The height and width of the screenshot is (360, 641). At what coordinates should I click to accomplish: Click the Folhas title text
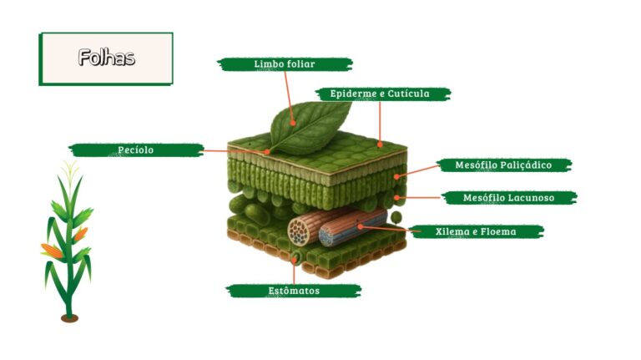pyautogui.click(x=106, y=58)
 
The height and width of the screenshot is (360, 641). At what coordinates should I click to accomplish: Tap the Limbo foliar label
pyautogui.click(x=285, y=64)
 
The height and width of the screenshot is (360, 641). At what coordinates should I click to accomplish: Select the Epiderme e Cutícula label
pyautogui.click(x=380, y=94)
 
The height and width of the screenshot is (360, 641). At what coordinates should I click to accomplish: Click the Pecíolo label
pyautogui.click(x=136, y=150)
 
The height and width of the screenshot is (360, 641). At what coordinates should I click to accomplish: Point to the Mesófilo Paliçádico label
pyautogui.click(x=503, y=165)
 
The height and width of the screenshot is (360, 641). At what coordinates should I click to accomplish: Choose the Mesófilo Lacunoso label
pyautogui.click(x=508, y=198)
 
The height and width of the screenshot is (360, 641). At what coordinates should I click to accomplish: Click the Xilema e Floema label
pyautogui.click(x=476, y=232)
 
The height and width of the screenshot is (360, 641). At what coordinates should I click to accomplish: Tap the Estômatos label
pyautogui.click(x=294, y=291)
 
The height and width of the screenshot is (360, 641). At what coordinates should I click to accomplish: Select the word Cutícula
pyautogui.click(x=408, y=94)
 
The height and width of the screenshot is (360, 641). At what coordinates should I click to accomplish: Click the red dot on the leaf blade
pyautogui.click(x=293, y=123)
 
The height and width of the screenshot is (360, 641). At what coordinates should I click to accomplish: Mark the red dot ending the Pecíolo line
pyautogui.click(x=267, y=152)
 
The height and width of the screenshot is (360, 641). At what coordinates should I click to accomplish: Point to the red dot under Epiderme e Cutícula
pyautogui.click(x=380, y=145)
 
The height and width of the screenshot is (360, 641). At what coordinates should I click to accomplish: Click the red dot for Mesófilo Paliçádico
pyautogui.click(x=396, y=176)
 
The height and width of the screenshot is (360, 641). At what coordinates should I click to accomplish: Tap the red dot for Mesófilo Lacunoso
pyautogui.click(x=396, y=198)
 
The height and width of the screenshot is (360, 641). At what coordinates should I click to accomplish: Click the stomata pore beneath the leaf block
pyautogui.click(x=295, y=258)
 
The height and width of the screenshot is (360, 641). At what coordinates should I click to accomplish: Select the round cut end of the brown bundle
pyautogui.click(x=300, y=231)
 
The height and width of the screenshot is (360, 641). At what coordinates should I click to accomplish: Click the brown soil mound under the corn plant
pyautogui.click(x=69, y=318)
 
